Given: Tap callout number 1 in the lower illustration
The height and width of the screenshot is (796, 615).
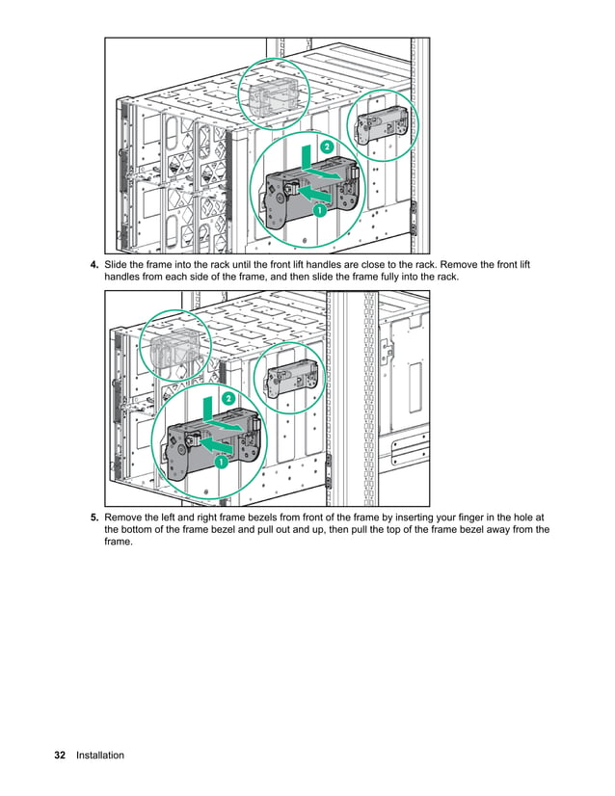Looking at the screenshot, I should coord(221,463).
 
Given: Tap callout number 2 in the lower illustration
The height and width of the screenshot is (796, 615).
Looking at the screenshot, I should coord(229,398).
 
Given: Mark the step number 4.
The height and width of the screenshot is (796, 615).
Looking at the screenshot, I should coord(94,265).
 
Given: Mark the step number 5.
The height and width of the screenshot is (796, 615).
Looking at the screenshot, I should coord(94,517).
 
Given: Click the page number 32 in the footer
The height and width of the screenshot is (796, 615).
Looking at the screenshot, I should coord(60,756).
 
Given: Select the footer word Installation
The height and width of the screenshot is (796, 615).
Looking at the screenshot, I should coord(100,756).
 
